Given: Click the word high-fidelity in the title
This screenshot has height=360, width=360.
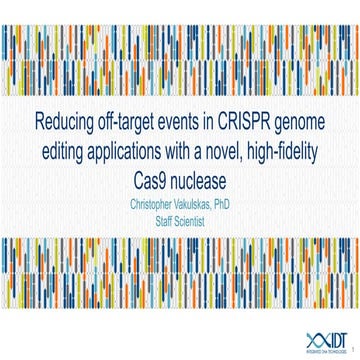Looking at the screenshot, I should [x=294, y=154].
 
